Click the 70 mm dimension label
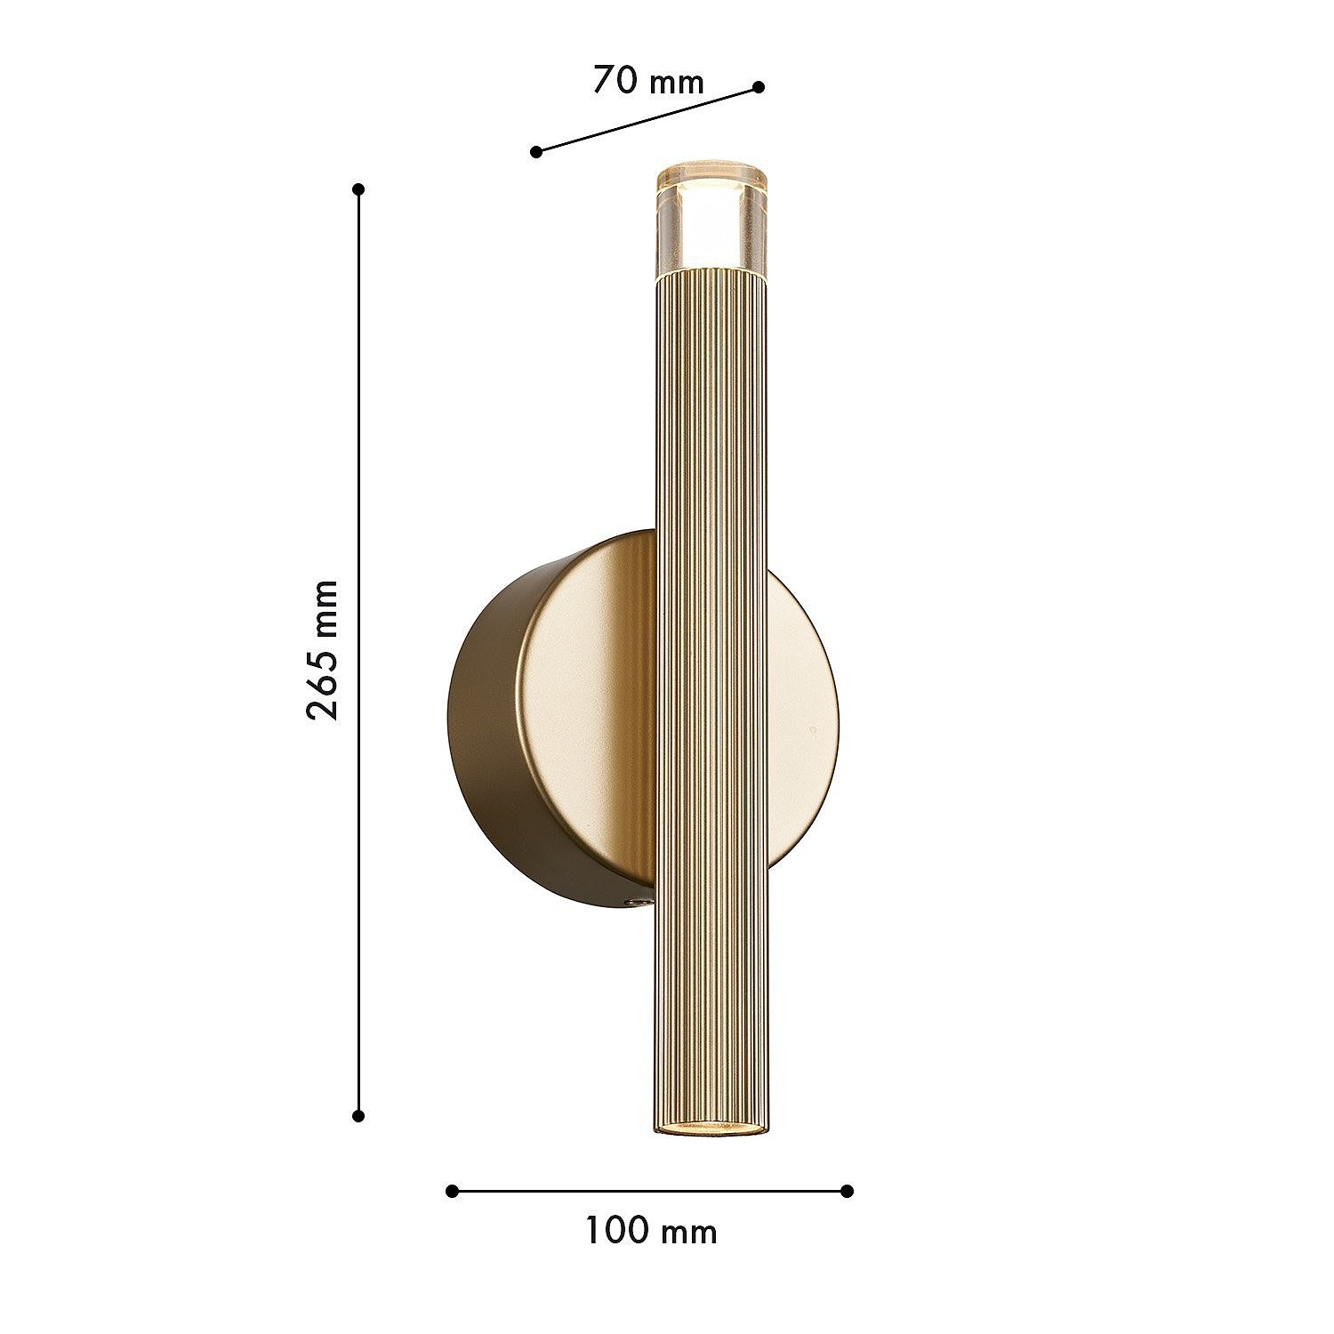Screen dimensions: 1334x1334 coord(648,81)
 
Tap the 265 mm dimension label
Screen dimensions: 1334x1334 coord(322,650)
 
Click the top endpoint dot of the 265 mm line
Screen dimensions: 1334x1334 coord(359,189)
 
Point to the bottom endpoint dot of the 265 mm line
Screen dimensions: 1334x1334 coord(359,1115)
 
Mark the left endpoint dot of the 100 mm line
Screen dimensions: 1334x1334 coord(452,1191)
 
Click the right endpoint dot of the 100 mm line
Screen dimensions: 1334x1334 coord(847,1191)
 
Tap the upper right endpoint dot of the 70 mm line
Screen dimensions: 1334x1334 coord(759,86)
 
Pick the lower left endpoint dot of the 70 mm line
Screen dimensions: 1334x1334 coord(536,152)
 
